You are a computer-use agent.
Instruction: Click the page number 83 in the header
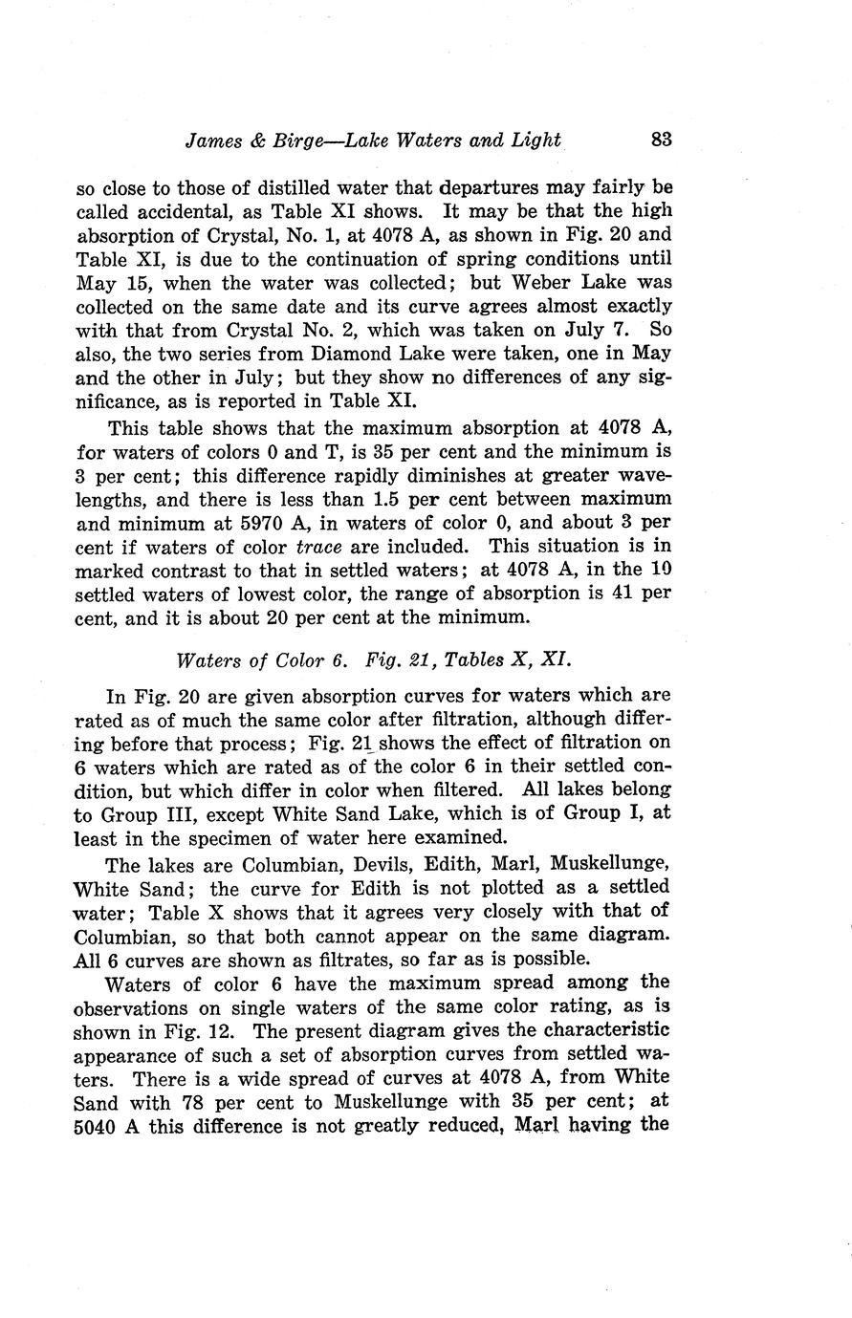662,139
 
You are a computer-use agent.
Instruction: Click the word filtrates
335,958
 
